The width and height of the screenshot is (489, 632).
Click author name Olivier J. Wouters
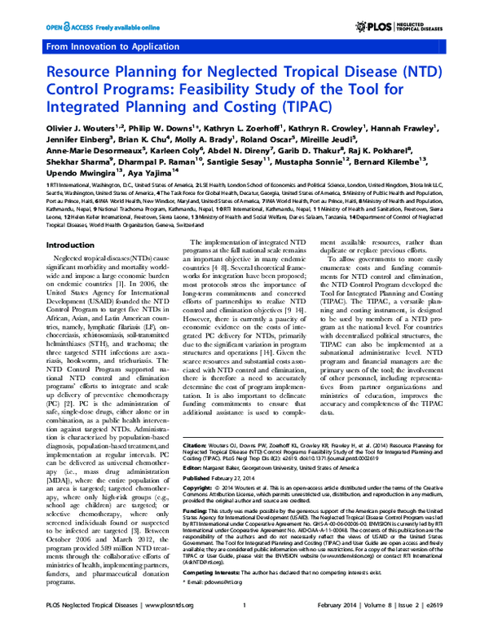click(x=57, y=129)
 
